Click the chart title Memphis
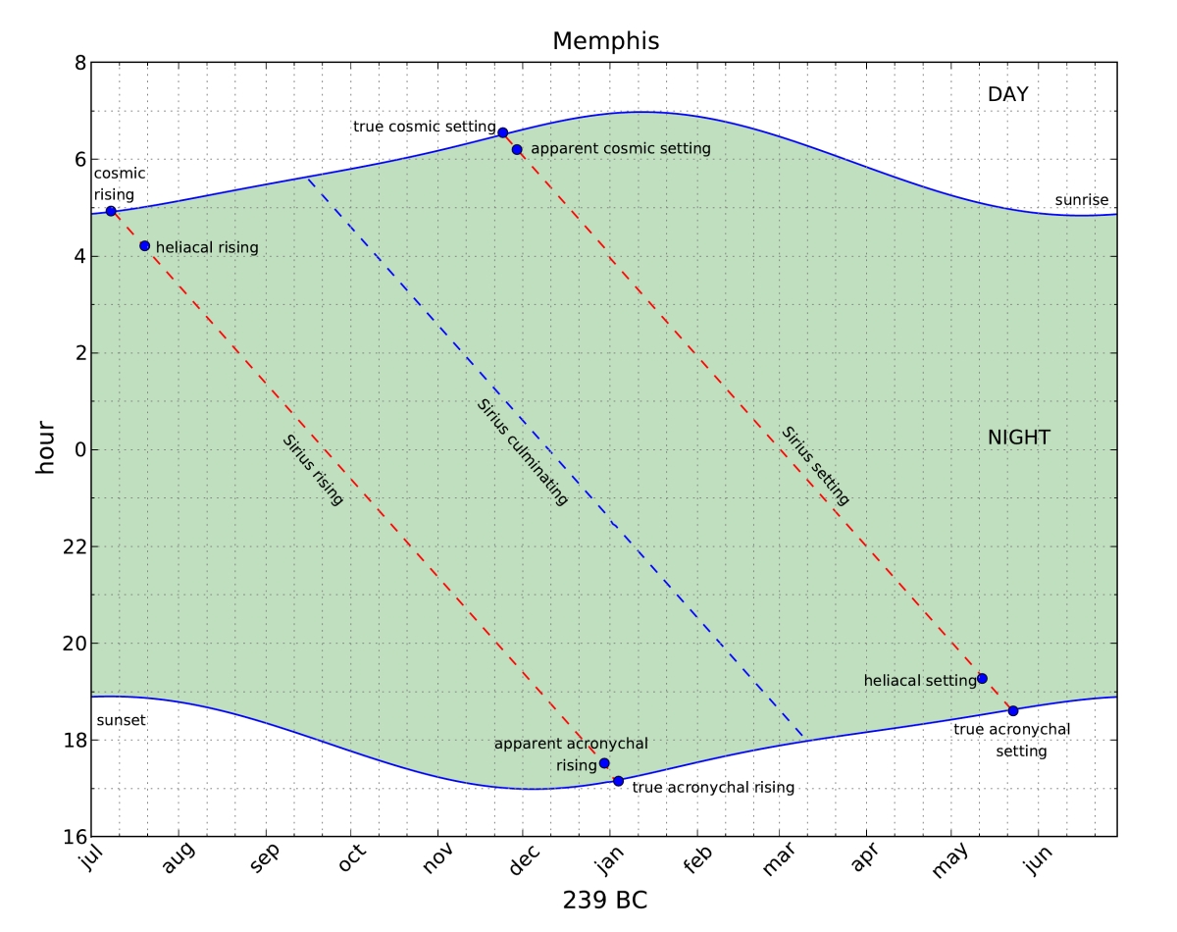click(605, 41)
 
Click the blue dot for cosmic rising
click(111, 211)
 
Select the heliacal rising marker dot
click(144, 246)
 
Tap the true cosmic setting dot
click(503, 132)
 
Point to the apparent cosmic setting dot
click(517, 149)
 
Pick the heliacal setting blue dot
click(982, 678)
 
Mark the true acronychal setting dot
click(1013, 710)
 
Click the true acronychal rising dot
click(618, 781)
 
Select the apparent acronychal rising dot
click(604, 763)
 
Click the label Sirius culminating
click(523, 452)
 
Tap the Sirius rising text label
click(313, 469)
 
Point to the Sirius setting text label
click(815, 465)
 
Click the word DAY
click(1007, 95)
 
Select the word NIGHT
click(1019, 438)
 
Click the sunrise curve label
click(1081, 200)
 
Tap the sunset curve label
click(121, 720)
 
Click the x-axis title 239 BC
click(604, 900)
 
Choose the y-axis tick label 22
click(71, 547)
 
